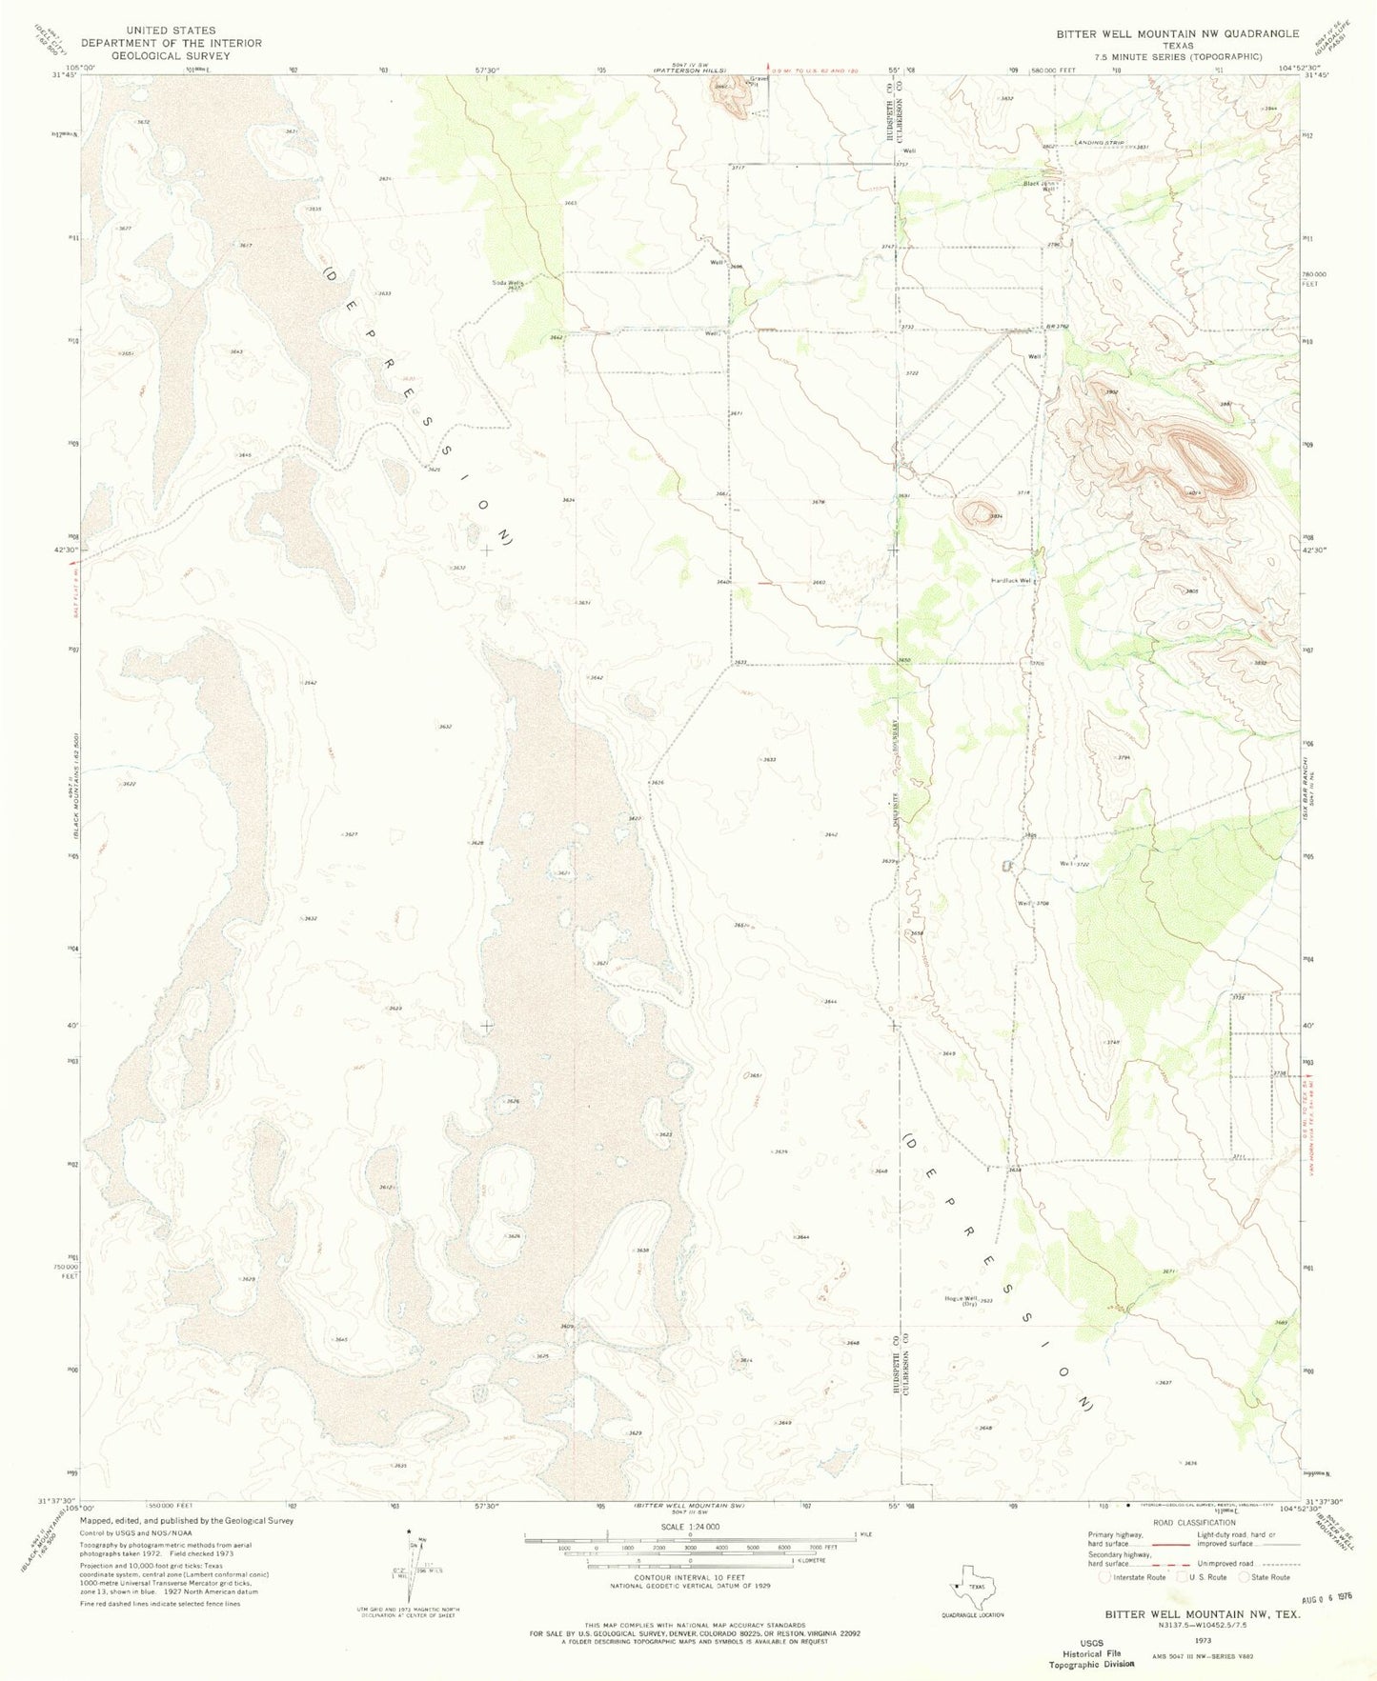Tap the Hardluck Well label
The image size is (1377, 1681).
(1012, 580)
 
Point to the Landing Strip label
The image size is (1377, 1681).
(1100, 143)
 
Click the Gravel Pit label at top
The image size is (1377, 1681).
(759, 82)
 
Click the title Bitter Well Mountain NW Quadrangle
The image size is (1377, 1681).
(1176, 33)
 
